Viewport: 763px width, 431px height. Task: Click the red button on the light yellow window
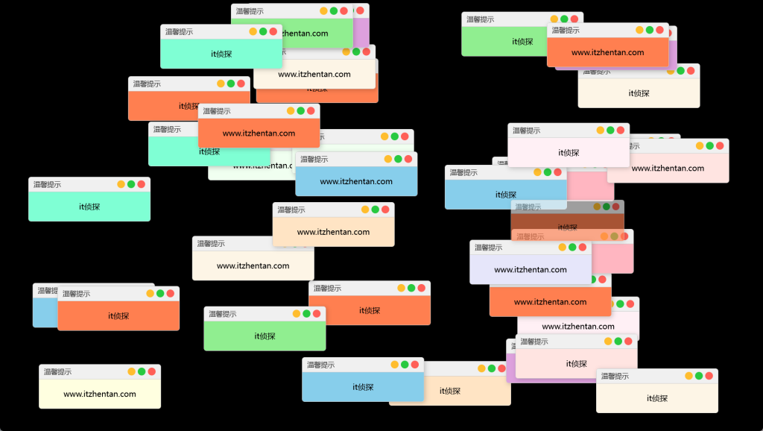tap(152, 371)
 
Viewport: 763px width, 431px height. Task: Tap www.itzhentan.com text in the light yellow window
tap(100, 394)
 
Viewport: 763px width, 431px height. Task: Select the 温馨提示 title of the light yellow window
tap(57, 371)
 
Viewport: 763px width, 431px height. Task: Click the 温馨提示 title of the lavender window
tap(488, 247)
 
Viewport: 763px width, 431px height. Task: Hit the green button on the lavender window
tap(572, 247)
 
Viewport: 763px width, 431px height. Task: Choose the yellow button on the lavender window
tap(562, 247)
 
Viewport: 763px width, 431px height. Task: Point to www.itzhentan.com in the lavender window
tap(531, 270)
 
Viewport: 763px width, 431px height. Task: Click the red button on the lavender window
tap(583, 247)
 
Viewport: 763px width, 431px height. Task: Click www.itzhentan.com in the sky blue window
tap(356, 181)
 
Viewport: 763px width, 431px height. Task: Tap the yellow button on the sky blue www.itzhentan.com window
tap(387, 159)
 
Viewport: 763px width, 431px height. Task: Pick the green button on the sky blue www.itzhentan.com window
tap(398, 159)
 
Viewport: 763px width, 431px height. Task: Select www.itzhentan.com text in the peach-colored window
tap(333, 232)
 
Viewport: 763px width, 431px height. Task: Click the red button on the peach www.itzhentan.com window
tap(385, 210)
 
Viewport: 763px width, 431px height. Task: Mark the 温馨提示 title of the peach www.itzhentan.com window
tap(291, 210)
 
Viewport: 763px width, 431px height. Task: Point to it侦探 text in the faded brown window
tap(568, 227)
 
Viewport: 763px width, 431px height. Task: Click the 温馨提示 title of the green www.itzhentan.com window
tap(250, 11)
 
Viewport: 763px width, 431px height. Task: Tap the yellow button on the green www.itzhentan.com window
tap(323, 11)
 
